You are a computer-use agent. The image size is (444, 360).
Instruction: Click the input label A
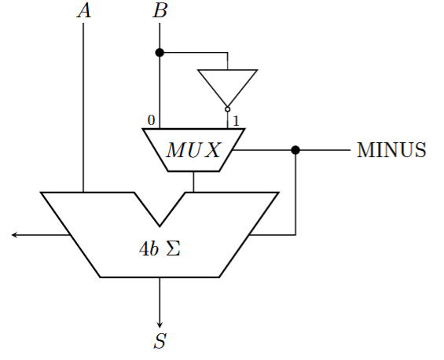84,11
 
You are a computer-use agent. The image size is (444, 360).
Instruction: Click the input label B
160,11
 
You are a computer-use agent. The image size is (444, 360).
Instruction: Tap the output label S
160,340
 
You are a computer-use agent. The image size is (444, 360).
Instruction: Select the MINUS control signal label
391,150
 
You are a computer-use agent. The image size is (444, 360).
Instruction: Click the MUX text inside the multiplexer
193,150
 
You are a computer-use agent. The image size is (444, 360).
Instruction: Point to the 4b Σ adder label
160,249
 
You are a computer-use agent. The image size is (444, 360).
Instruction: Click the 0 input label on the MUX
152,120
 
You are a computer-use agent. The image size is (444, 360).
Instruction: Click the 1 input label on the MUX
236,121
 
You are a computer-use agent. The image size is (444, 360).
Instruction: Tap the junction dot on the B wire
160,53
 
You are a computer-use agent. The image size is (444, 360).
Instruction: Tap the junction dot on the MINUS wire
295,150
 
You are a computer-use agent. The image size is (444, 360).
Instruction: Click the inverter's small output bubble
227,109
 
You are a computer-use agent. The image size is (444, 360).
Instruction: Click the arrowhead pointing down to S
160,325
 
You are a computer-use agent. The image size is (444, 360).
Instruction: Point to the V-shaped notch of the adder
160,226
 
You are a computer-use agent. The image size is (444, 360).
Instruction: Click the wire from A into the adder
83,108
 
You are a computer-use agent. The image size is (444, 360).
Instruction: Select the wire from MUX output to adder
193,182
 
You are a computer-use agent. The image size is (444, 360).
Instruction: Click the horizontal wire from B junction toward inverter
193,53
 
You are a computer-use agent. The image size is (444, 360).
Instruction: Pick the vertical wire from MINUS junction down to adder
295,193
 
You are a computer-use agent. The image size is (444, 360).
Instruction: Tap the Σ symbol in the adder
174,249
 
